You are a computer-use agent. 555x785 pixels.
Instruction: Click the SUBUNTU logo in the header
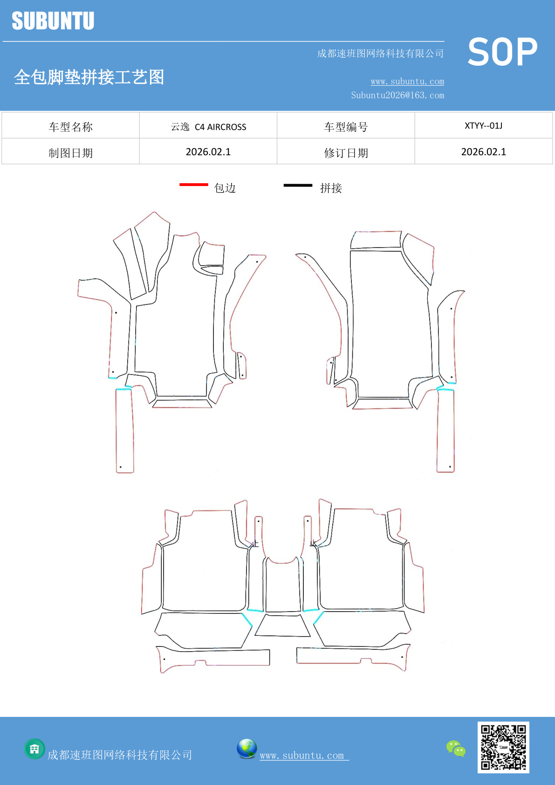[x=53, y=21]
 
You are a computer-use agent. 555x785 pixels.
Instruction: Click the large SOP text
[x=502, y=52]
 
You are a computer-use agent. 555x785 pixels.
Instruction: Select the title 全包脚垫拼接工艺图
[x=89, y=77]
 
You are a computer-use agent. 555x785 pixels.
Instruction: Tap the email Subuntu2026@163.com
[x=397, y=95]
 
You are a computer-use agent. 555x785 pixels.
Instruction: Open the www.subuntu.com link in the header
[x=407, y=81]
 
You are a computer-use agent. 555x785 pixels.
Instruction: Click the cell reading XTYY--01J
[x=484, y=125]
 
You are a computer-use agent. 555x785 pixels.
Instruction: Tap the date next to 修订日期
[x=484, y=152]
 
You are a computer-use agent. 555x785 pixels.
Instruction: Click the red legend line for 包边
[x=194, y=184]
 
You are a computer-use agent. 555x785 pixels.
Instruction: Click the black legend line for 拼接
[x=298, y=185]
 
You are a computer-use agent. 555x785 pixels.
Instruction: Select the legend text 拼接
[x=331, y=188]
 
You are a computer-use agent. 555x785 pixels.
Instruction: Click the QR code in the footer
[x=503, y=747]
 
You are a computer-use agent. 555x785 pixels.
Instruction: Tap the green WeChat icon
[x=456, y=749]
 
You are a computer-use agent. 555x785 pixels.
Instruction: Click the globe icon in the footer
[x=247, y=748]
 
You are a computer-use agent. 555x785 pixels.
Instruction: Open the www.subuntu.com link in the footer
[x=304, y=755]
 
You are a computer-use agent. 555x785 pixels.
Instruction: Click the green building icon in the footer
[x=34, y=749]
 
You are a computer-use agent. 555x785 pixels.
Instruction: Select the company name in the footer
[x=119, y=755]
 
